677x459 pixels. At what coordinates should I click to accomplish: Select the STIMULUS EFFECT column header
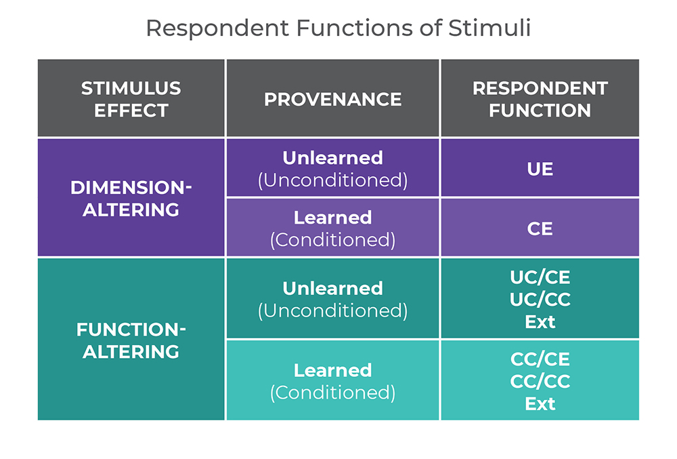pos(131,99)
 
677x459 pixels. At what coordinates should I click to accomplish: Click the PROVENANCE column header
pos(332,99)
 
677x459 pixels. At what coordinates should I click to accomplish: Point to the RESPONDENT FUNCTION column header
pos(540,99)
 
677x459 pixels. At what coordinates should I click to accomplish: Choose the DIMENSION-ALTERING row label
pos(131,198)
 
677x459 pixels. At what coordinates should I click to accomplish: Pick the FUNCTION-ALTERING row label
pos(131,340)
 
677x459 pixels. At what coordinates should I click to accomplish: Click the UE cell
pos(540,168)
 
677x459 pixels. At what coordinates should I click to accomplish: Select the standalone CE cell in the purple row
pos(540,228)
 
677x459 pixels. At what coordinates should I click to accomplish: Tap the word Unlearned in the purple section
pos(332,158)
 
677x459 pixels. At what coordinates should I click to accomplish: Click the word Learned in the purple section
pos(332,218)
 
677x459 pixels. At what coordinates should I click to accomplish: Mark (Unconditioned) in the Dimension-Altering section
pos(332,180)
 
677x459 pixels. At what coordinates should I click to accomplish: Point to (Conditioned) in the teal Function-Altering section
pos(332,392)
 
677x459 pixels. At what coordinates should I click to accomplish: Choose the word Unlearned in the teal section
pos(332,288)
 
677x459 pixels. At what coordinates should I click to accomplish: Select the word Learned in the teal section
pos(332,370)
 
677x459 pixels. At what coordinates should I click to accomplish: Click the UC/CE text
pos(540,277)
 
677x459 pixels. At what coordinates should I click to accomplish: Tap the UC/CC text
pos(540,299)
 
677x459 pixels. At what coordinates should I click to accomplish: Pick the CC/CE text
pos(540,359)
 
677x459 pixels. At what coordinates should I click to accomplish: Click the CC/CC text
pos(540,381)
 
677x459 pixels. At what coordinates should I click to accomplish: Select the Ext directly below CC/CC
pos(540,403)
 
